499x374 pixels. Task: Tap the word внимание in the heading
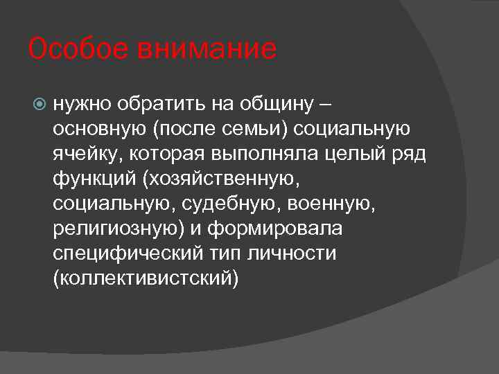(x=207, y=50)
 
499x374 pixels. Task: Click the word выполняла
(x=259, y=154)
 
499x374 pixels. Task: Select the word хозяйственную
(x=221, y=179)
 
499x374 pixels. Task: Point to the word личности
(x=292, y=253)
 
